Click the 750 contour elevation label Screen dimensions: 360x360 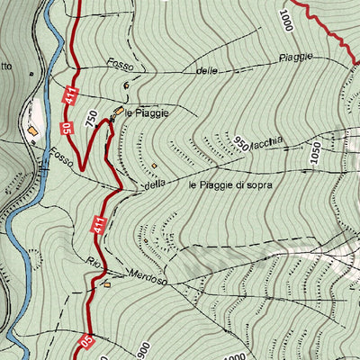(x=90, y=117)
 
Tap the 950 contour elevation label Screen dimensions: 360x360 (x=240, y=142)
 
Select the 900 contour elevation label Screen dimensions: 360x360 (x=143, y=348)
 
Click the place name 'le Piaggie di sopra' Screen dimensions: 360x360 (x=230, y=184)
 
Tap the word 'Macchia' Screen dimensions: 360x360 (x=269, y=139)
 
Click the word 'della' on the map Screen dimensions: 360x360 (x=156, y=186)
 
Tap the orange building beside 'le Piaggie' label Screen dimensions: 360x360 (x=117, y=112)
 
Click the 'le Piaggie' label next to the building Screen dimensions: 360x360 (x=147, y=113)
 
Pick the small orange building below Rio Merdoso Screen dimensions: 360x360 (x=107, y=284)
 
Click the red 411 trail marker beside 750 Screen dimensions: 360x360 (x=68, y=95)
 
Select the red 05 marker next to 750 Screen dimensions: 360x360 (x=67, y=129)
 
